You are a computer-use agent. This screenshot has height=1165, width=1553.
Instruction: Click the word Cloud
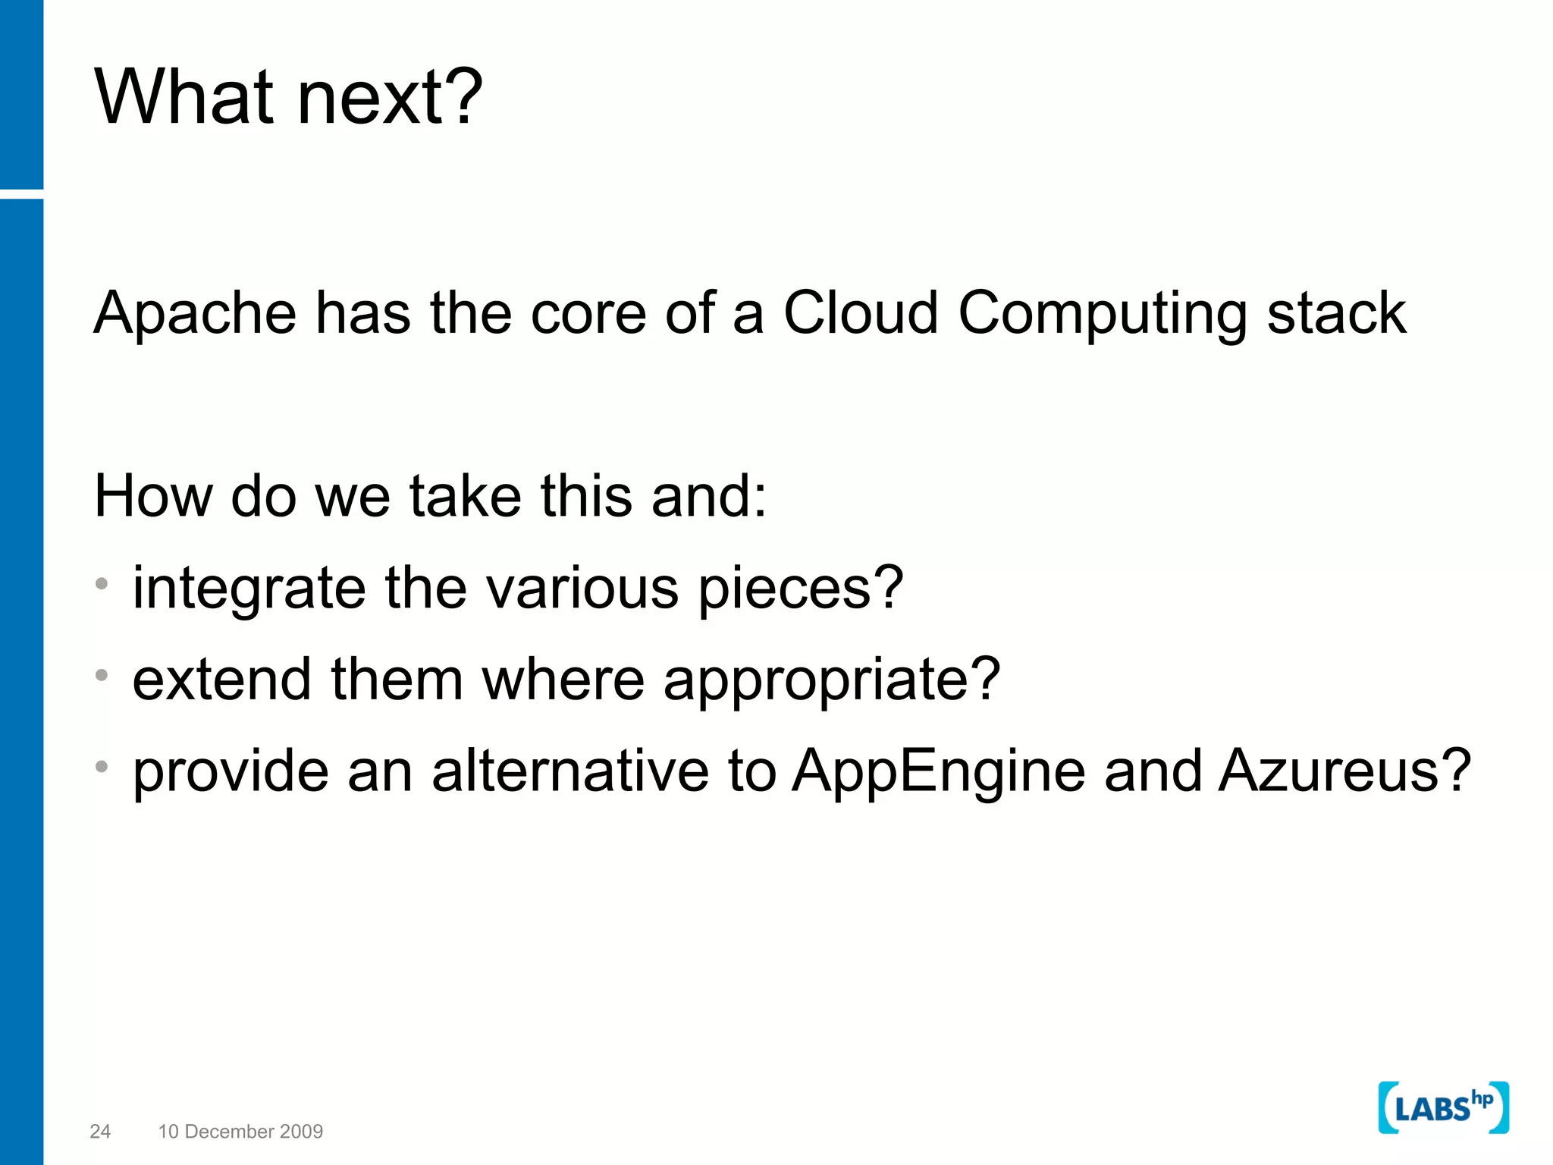pos(861,312)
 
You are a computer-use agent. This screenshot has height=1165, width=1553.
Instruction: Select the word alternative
pos(569,771)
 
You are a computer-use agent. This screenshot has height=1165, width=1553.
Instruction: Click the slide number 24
pos(100,1132)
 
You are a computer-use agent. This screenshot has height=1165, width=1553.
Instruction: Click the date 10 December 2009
pos(240,1132)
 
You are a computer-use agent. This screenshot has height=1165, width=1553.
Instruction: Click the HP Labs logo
pos(1443,1108)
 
